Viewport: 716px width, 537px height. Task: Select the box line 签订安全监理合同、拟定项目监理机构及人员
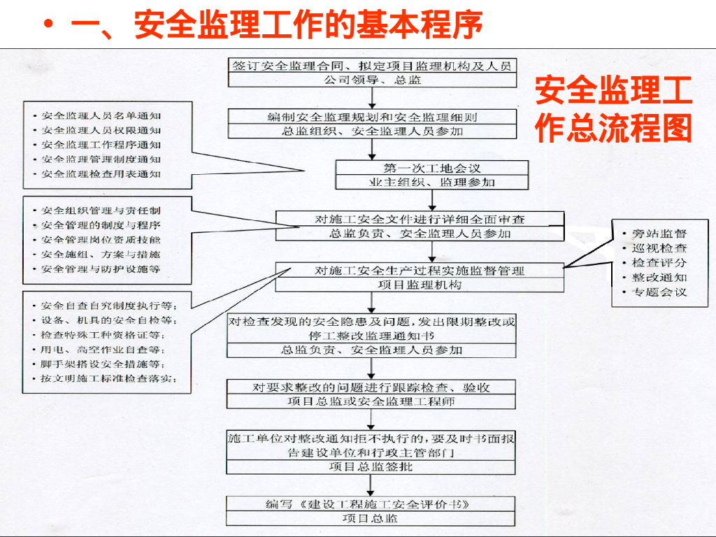coord(371,66)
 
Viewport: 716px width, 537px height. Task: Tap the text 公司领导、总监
coord(371,80)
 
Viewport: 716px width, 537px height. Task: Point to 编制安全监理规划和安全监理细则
coord(371,117)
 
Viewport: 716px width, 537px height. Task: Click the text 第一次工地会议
coord(431,168)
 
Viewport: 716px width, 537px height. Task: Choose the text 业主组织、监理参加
coord(431,182)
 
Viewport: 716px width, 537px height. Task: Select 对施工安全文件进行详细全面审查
coord(420,219)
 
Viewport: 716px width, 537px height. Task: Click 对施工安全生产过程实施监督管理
coord(420,271)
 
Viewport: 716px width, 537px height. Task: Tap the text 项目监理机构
coord(420,285)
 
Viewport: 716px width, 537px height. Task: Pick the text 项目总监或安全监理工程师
coord(371,401)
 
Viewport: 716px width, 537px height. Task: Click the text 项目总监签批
coord(371,466)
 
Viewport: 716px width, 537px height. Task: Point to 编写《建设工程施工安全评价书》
coord(371,504)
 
